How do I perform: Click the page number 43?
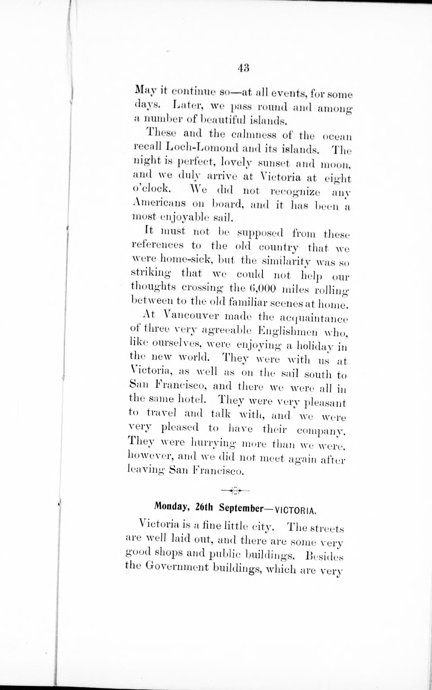[243, 69]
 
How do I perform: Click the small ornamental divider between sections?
[235, 491]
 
